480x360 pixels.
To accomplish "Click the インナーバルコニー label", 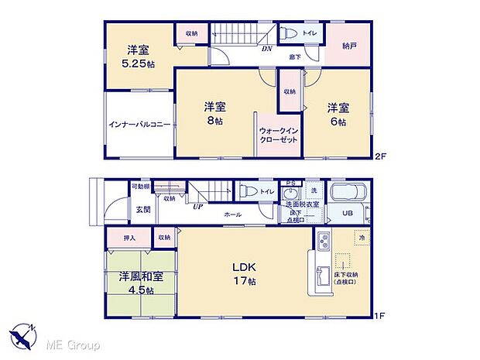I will click(139, 124).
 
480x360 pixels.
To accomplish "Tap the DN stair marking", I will click(266, 48).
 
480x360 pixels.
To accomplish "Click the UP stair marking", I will click(198, 207).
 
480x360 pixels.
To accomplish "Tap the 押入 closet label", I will click(130, 238).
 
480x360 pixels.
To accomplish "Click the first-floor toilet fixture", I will click(246, 190).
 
